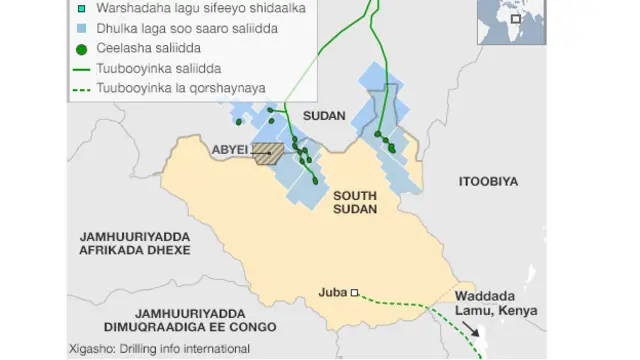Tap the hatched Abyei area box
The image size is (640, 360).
click(268, 153)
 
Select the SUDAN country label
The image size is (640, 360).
click(324, 117)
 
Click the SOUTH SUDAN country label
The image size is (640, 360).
click(355, 202)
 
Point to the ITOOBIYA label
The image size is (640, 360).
click(488, 181)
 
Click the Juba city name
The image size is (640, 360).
click(331, 293)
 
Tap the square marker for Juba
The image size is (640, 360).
click(354, 293)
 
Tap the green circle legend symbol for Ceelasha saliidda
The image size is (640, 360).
click(80, 48)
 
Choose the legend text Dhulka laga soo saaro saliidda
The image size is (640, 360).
click(186, 28)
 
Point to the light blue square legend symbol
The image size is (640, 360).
click(80, 28)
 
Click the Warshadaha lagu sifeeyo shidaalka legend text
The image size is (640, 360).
click(193, 8)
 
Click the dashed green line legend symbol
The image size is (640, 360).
click(80, 88)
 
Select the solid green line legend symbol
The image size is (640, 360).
click(80, 68)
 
